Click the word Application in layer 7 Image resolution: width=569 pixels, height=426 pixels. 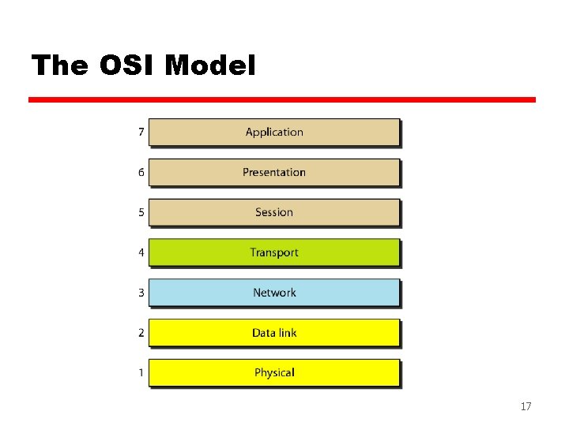point(274,133)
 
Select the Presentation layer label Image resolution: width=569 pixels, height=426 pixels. point(274,173)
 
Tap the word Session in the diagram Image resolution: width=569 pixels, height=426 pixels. point(274,212)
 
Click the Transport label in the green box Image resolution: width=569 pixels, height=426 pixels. point(274,252)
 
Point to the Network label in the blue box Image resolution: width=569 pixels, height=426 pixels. point(274,293)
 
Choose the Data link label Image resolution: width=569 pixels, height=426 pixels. point(274,333)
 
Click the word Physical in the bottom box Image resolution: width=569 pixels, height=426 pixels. point(274,372)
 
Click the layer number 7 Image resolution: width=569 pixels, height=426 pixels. point(141,132)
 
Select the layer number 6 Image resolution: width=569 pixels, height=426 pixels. point(141,172)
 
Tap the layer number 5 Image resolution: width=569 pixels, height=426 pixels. point(141,212)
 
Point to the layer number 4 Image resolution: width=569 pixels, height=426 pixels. point(141,252)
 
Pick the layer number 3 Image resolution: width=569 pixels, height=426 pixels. point(141,293)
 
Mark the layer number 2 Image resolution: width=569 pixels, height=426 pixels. point(141,333)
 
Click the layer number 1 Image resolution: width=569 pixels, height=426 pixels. point(141,372)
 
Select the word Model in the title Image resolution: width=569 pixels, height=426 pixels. point(210,66)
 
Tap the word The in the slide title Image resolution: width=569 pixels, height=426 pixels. point(61,66)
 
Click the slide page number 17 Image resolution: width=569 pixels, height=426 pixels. point(526,407)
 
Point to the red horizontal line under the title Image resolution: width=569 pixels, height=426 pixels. point(282,100)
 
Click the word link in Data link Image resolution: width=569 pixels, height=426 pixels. point(287,333)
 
